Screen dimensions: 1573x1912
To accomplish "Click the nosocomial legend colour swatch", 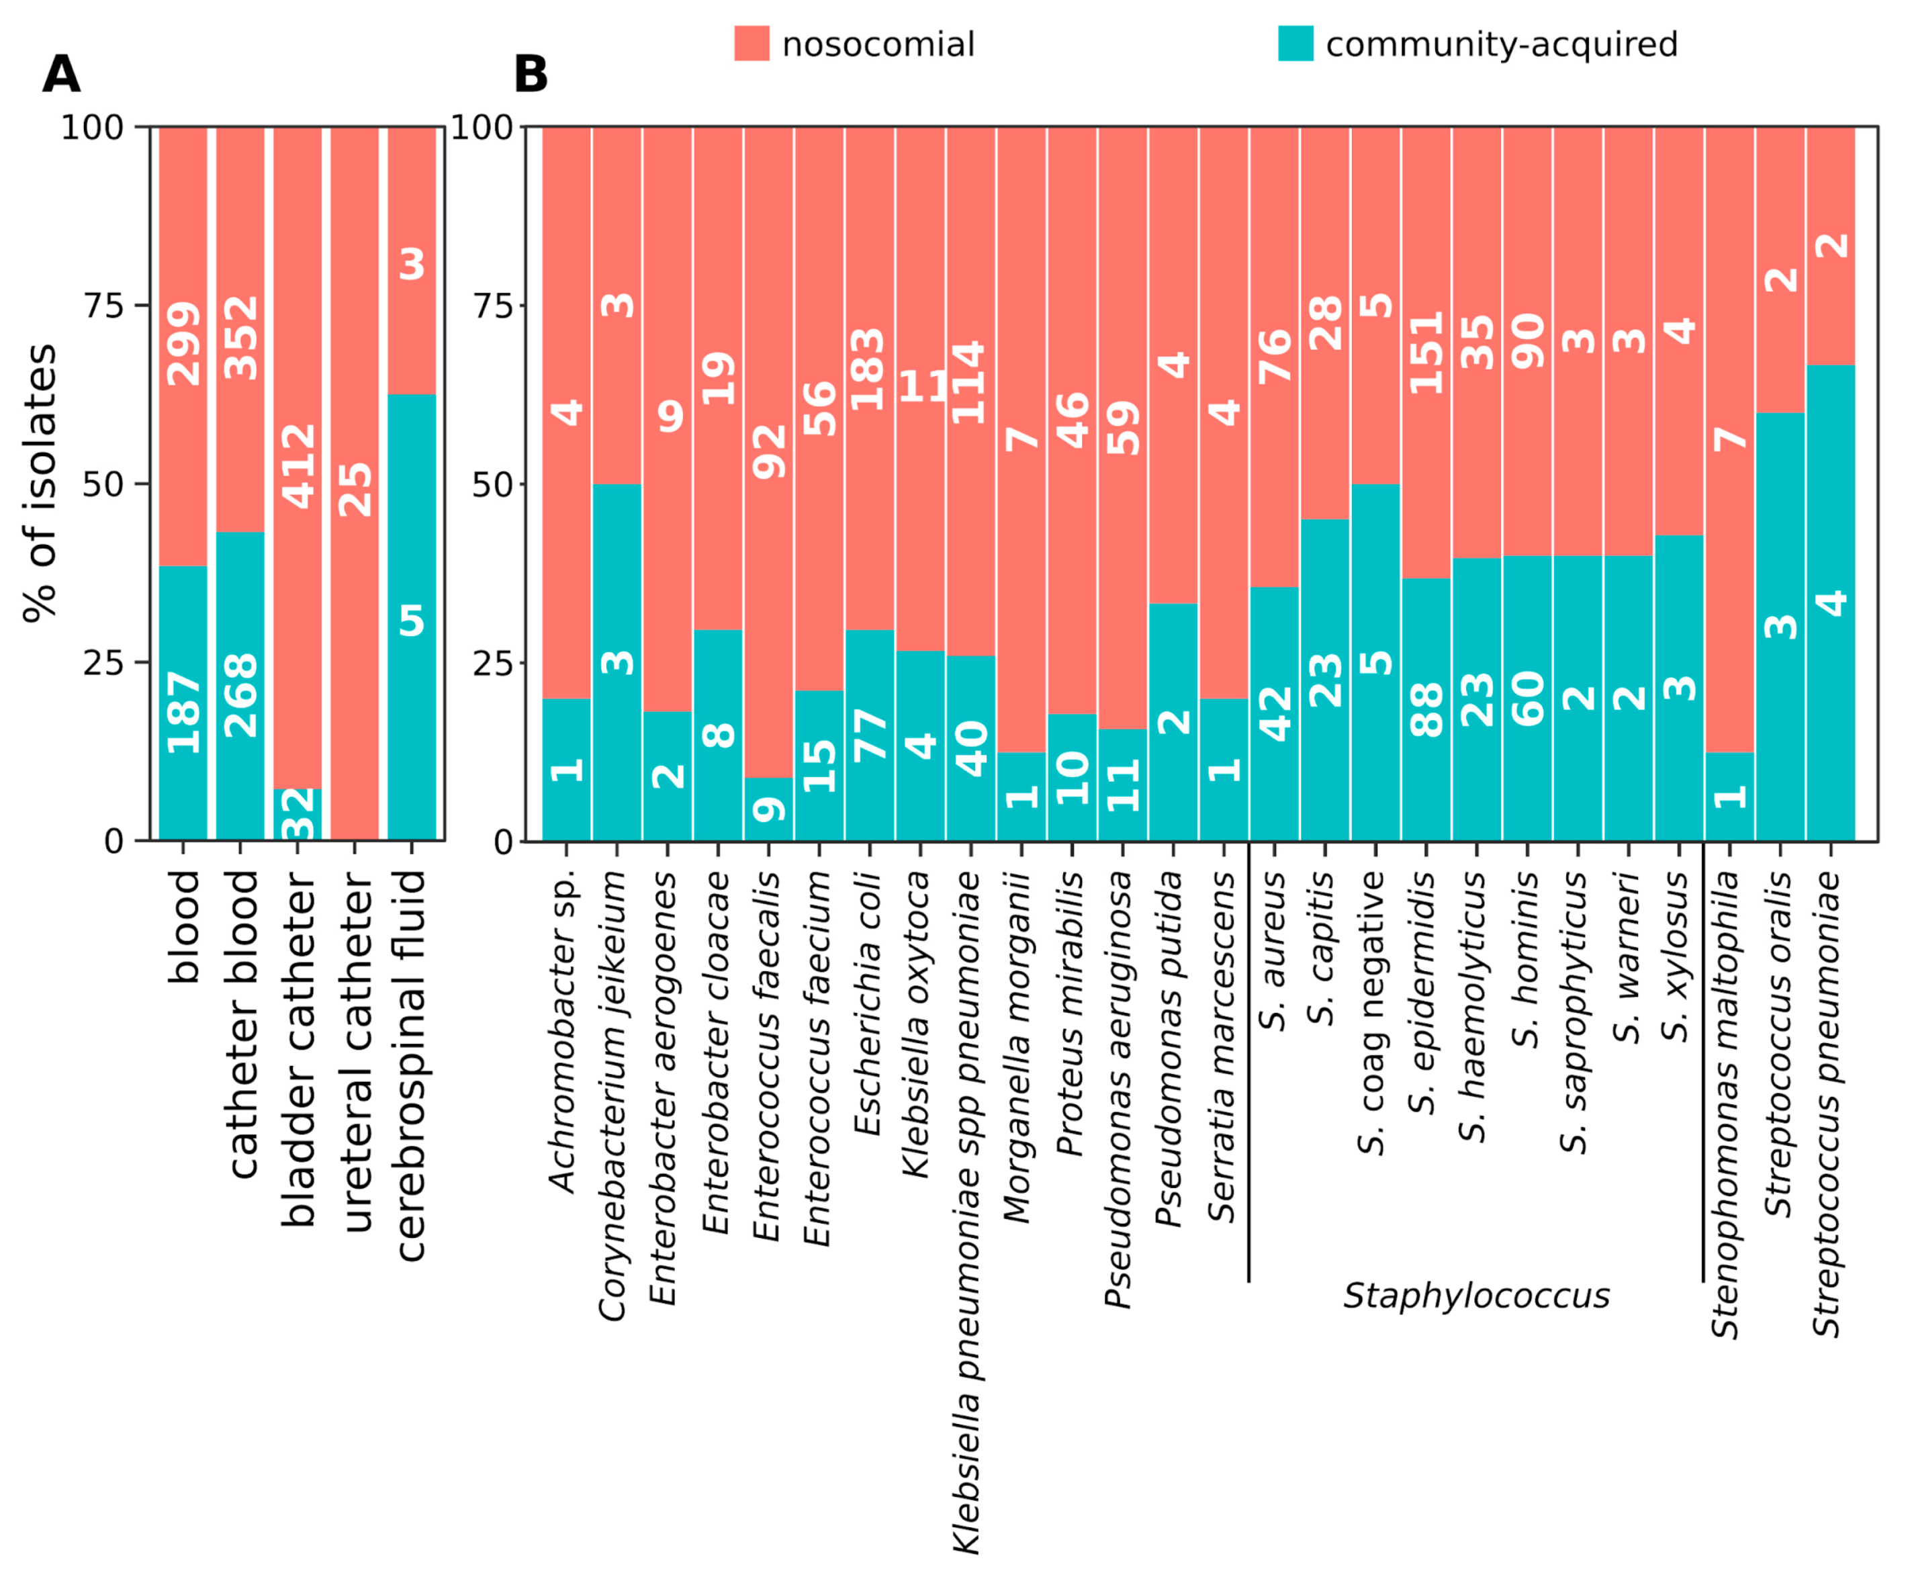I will pos(752,44).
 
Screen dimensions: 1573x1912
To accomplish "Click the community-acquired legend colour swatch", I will pos(1295,44).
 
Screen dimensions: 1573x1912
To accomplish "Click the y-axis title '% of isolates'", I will pos(40,483).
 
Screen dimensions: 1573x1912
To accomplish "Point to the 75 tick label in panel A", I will pos(103,306).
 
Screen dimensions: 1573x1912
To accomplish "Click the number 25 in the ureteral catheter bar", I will pos(355,490).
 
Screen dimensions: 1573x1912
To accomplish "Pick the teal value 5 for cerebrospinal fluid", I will pos(412,621).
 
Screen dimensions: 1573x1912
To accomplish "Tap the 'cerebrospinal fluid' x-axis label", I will pos(412,1066).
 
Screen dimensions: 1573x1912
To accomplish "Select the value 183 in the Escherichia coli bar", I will pos(868,369).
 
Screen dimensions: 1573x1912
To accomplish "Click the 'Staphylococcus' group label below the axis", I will pos(1476,1296).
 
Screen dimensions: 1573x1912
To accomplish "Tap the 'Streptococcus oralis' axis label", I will pos(1779,1044).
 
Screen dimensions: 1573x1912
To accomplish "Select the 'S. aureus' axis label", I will pos(1273,952).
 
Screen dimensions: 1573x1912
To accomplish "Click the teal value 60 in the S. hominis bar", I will pos(1528,699).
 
